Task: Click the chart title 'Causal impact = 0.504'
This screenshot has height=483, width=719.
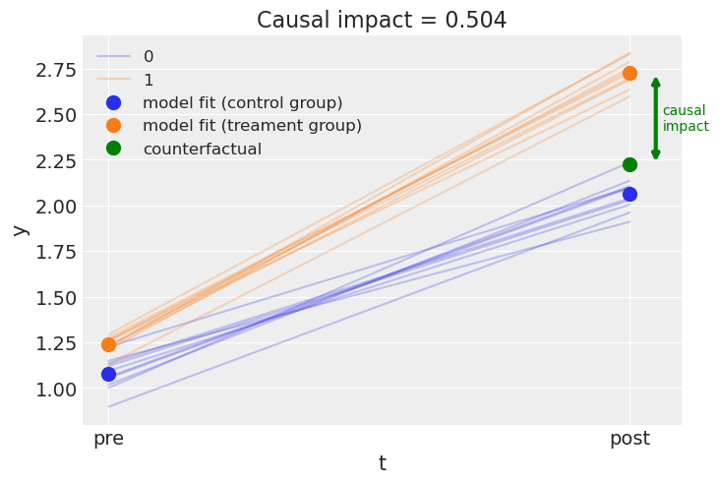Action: (x=382, y=20)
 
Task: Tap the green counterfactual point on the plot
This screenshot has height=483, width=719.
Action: (x=629, y=164)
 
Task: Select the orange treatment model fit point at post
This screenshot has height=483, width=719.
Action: (x=629, y=73)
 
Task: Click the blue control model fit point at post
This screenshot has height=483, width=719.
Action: (x=629, y=194)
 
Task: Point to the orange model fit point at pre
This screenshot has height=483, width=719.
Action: (x=108, y=344)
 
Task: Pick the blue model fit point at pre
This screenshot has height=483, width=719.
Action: (x=108, y=374)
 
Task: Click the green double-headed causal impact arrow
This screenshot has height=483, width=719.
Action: (x=656, y=118)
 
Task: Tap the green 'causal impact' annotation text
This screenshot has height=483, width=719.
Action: (x=685, y=118)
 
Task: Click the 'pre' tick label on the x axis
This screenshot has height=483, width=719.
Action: (x=108, y=439)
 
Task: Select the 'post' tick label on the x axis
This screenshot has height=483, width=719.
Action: (x=629, y=439)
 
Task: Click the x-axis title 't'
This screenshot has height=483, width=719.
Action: (x=382, y=463)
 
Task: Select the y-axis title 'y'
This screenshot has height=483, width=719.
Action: (x=19, y=229)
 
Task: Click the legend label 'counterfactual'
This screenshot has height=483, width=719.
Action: (x=202, y=149)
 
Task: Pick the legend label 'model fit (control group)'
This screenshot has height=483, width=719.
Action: (x=242, y=102)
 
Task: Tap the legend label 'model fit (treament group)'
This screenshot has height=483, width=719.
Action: (x=252, y=125)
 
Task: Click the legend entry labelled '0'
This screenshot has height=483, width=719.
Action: (x=149, y=57)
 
